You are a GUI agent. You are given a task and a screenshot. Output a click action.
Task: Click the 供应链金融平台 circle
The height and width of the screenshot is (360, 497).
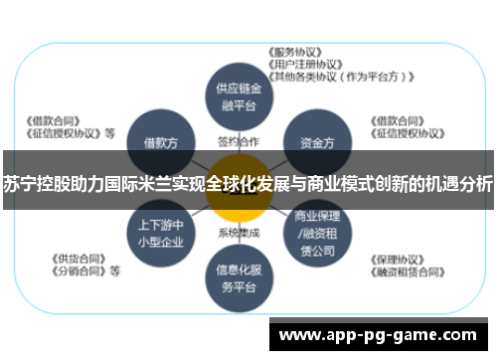(239, 95)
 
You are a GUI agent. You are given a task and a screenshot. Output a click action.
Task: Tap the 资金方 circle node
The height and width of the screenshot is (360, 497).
(316, 142)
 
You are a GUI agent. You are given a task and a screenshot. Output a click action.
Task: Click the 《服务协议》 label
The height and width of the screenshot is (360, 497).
(299, 52)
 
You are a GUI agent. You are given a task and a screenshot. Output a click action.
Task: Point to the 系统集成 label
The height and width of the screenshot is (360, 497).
(239, 233)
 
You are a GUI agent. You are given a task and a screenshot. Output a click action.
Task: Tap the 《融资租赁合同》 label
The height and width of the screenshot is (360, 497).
(408, 270)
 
